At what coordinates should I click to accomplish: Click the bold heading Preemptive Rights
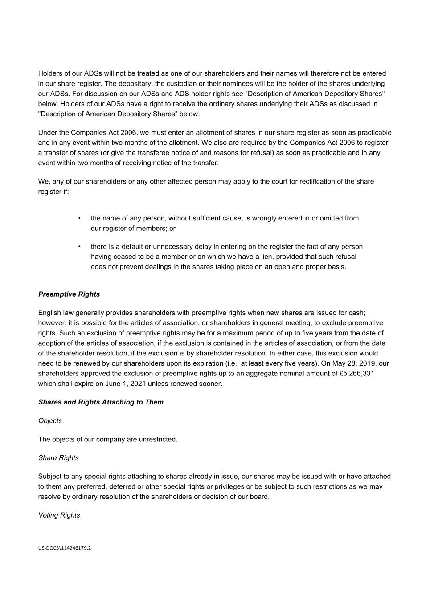click(x=69, y=294)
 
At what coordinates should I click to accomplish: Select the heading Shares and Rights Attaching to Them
click(x=101, y=402)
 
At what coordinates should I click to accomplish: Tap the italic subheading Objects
click(x=50, y=421)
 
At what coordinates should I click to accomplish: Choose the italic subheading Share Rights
click(x=58, y=458)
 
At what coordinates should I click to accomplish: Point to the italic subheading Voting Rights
click(x=59, y=515)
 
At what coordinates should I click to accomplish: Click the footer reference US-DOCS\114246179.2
click(x=65, y=548)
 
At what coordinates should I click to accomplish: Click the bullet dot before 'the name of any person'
click(x=79, y=218)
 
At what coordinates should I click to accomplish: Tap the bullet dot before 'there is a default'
click(x=79, y=247)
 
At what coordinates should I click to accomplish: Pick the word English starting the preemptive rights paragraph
click(x=49, y=313)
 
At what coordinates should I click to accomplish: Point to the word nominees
click(x=241, y=84)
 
